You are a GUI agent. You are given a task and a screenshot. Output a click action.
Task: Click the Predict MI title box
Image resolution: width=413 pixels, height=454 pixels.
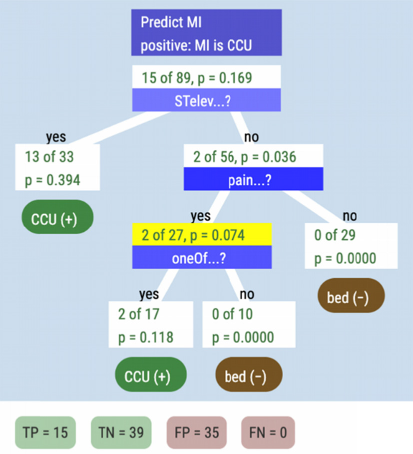[206, 33]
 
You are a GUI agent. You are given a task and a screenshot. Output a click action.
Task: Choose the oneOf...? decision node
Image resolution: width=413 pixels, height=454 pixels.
[202, 260]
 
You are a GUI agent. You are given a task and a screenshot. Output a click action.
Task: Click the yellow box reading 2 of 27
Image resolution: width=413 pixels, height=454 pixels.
[202, 235]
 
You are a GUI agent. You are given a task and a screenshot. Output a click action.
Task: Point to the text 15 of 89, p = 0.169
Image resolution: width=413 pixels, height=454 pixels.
[196, 78]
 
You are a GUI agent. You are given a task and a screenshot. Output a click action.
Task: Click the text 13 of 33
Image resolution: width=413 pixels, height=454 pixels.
[49, 157]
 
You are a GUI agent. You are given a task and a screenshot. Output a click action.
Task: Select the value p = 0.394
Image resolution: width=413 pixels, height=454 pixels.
[52, 180]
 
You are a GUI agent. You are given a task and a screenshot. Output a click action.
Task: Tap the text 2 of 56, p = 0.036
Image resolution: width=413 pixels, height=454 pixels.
[245, 157]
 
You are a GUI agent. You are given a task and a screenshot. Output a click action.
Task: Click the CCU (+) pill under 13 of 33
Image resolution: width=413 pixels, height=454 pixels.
[57, 220]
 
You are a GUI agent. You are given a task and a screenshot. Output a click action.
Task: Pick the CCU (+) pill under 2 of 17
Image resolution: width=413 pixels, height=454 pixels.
[150, 376]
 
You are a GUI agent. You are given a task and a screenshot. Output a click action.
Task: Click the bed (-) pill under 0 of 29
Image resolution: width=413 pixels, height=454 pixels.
[351, 298]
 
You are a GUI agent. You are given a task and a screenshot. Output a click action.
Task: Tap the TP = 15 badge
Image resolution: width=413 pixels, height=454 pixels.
[45, 432]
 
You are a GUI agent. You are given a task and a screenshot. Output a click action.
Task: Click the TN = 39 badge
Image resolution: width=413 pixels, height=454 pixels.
[120, 432]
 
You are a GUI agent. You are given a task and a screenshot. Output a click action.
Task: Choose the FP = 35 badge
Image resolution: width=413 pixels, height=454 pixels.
[196, 432]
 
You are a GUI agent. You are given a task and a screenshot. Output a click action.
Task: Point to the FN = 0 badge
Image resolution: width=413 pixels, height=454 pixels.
[268, 432]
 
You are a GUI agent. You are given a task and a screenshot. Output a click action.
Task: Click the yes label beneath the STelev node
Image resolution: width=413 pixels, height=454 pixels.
[55, 137]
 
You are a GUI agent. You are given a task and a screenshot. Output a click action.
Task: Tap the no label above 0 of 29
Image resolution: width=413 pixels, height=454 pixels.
[350, 216]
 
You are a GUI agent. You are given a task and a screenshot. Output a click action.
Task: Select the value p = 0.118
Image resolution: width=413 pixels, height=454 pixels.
[146, 337]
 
